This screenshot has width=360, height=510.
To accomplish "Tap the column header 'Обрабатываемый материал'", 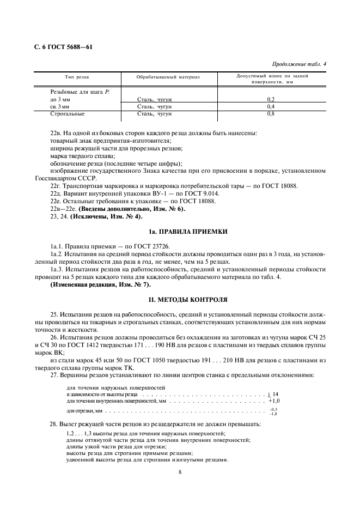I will [168, 77].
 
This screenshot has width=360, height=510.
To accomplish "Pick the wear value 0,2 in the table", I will [271, 99].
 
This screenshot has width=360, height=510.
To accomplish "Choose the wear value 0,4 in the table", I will [271, 107].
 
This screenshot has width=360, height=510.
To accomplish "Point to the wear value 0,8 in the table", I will [271, 114].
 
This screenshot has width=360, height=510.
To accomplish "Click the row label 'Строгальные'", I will [67, 114].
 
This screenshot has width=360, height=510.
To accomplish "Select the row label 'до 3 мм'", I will [61, 99].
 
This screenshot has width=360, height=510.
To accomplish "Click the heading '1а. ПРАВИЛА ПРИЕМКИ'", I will [180, 232].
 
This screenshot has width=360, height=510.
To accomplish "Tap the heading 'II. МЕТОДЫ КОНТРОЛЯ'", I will [180, 300].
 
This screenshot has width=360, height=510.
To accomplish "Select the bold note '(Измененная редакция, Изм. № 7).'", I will [101, 284].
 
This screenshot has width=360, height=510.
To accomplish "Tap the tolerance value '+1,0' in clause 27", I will [273, 400].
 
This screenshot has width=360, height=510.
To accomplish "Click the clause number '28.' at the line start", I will [53, 423].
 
